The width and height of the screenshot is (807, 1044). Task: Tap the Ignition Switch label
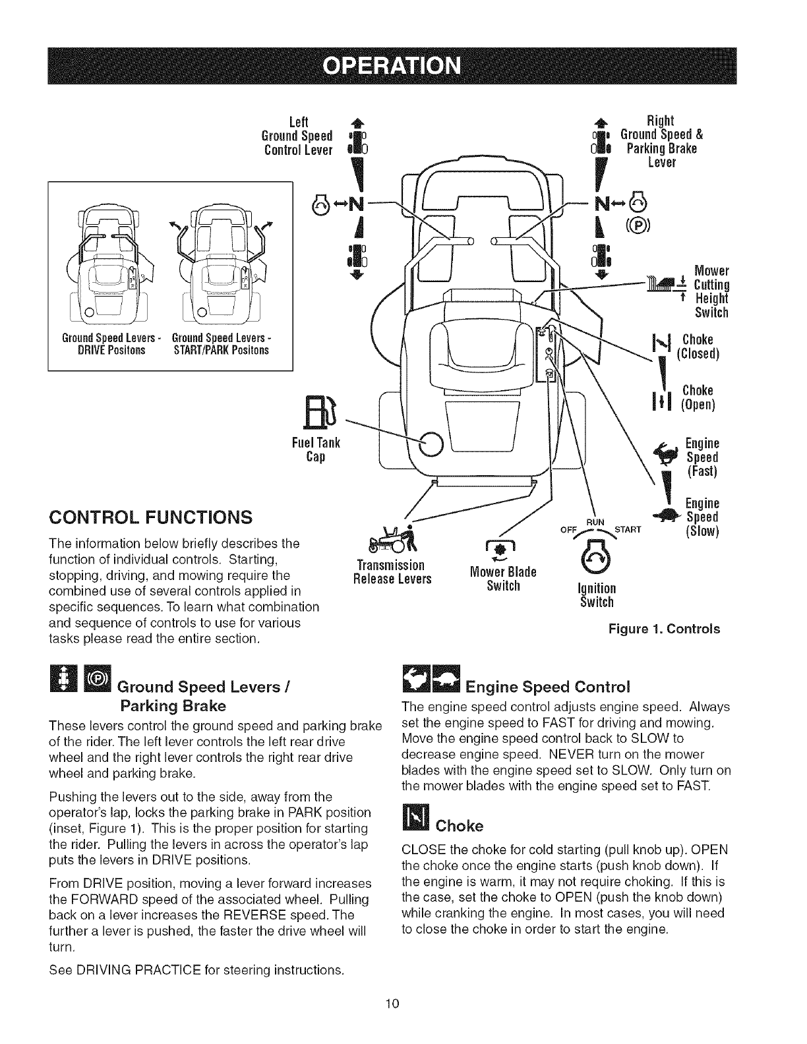[x=597, y=595]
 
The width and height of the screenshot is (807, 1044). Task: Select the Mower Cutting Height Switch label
[x=711, y=290]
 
